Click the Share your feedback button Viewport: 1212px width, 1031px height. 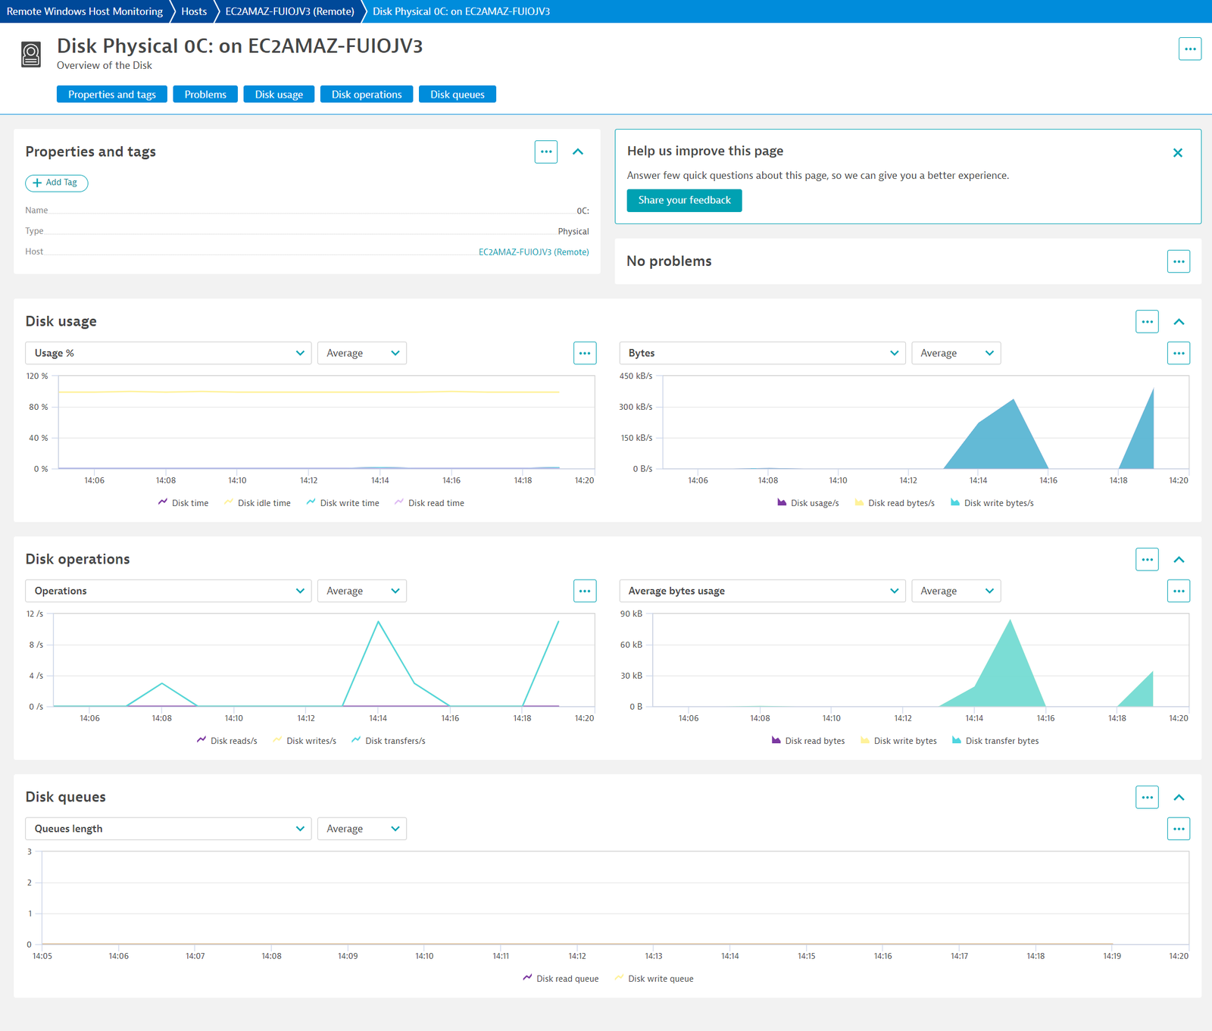coord(684,200)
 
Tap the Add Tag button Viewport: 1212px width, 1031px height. coord(57,183)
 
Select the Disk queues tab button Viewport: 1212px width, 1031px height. coord(458,94)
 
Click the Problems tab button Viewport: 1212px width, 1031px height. coord(205,94)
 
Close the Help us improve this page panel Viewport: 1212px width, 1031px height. coord(1178,153)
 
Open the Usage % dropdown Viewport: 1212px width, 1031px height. coord(169,353)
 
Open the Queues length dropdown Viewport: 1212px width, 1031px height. coord(169,829)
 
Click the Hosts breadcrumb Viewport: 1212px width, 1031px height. coord(194,11)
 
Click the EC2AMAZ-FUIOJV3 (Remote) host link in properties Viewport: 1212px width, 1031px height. coord(533,252)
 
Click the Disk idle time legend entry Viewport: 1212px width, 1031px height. coord(258,503)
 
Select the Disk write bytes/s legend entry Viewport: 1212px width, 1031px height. coord(992,503)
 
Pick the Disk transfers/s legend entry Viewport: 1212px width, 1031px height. coord(389,741)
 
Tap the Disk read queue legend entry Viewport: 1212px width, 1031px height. coord(561,979)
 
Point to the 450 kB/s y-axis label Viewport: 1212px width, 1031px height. coord(636,376)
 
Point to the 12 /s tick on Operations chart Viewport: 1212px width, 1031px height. coord(35,614)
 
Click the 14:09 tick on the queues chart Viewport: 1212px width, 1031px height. coord(348,956)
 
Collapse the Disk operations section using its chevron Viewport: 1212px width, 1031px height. coord(1179,560)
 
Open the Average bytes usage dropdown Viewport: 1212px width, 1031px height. coord(763,591)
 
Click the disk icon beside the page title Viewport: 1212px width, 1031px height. coord(31,55)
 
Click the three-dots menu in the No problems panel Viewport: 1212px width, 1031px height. coord(1179,261)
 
